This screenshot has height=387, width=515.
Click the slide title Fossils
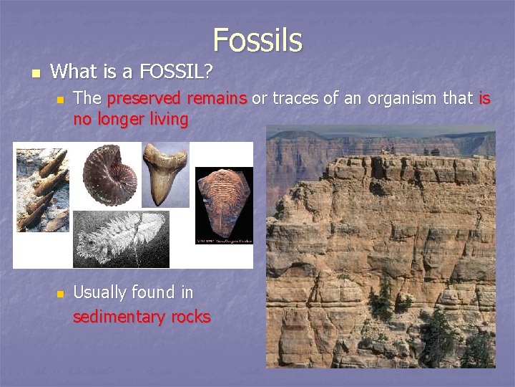[x=257, y=39]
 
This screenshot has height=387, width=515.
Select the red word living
[x=169, y=119]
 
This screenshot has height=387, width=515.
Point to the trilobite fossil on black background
[x=223, y=204]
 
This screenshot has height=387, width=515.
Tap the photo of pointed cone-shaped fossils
[x=42, y=190]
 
